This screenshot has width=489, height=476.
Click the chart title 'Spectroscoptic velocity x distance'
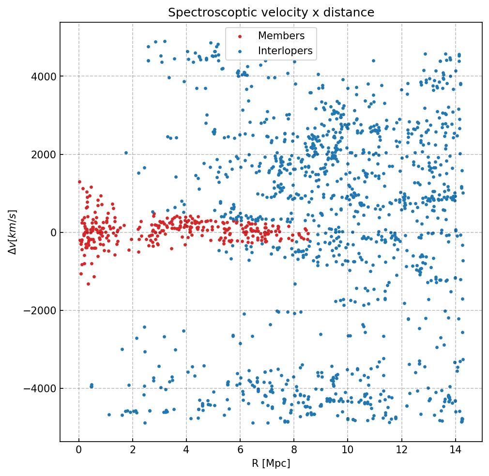coord(271,13)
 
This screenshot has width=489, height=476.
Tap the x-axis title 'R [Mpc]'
coord(271,463)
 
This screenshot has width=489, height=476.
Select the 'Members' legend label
coord(281,36)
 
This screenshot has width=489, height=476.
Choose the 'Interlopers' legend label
coord(285,51)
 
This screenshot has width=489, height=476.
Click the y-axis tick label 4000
coord(44,77)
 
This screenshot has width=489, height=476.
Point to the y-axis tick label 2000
coord(44,154)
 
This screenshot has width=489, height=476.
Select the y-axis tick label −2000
coord(41,310)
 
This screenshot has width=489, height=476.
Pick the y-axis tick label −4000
coord(41,388)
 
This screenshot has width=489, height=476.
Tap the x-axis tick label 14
coord(455,451)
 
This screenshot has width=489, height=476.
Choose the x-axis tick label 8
coord(294,451)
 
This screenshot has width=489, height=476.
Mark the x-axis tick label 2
coord(133,451)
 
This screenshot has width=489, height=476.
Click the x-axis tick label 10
coord(348,451)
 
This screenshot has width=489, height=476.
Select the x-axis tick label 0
coord(79,451)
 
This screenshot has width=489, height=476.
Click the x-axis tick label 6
coord(240,451)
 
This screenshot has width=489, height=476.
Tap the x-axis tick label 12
coord(401,451)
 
